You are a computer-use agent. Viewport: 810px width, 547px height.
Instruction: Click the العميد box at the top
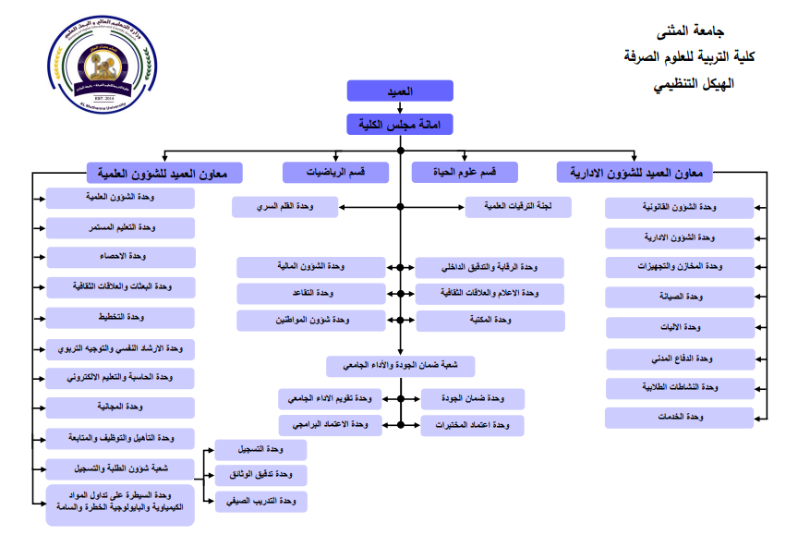coord(400,91)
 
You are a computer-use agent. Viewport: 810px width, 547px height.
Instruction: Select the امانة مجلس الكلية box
coord(400,125)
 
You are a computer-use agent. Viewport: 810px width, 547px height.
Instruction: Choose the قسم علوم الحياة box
coord(465,172)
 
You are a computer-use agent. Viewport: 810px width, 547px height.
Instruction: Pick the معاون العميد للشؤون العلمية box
coord(163,172)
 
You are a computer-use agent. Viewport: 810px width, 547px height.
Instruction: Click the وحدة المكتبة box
coord(490,321)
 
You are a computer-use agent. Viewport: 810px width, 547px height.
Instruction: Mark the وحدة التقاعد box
coord(310,294)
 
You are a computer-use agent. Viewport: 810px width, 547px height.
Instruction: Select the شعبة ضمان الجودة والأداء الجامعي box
coord(400,366)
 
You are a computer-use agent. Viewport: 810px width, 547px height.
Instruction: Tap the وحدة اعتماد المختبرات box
coord(472,425)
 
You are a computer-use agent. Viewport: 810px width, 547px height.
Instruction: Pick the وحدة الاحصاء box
coord(120,257)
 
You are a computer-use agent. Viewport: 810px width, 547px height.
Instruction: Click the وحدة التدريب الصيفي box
coord(261,501)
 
